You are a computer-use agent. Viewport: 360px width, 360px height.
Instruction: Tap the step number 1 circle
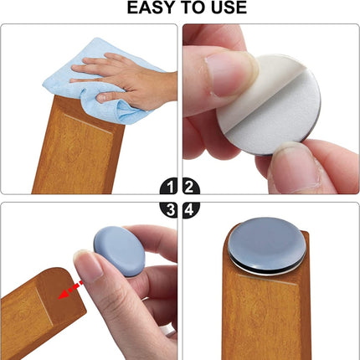click(x=168, y=188)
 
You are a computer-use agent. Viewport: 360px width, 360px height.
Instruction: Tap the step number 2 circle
click(x=190, y=188)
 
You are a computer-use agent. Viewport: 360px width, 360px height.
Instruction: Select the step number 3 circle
click(x=168, y=208)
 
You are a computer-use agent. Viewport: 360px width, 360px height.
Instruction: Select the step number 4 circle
click(x=190, y=208)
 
